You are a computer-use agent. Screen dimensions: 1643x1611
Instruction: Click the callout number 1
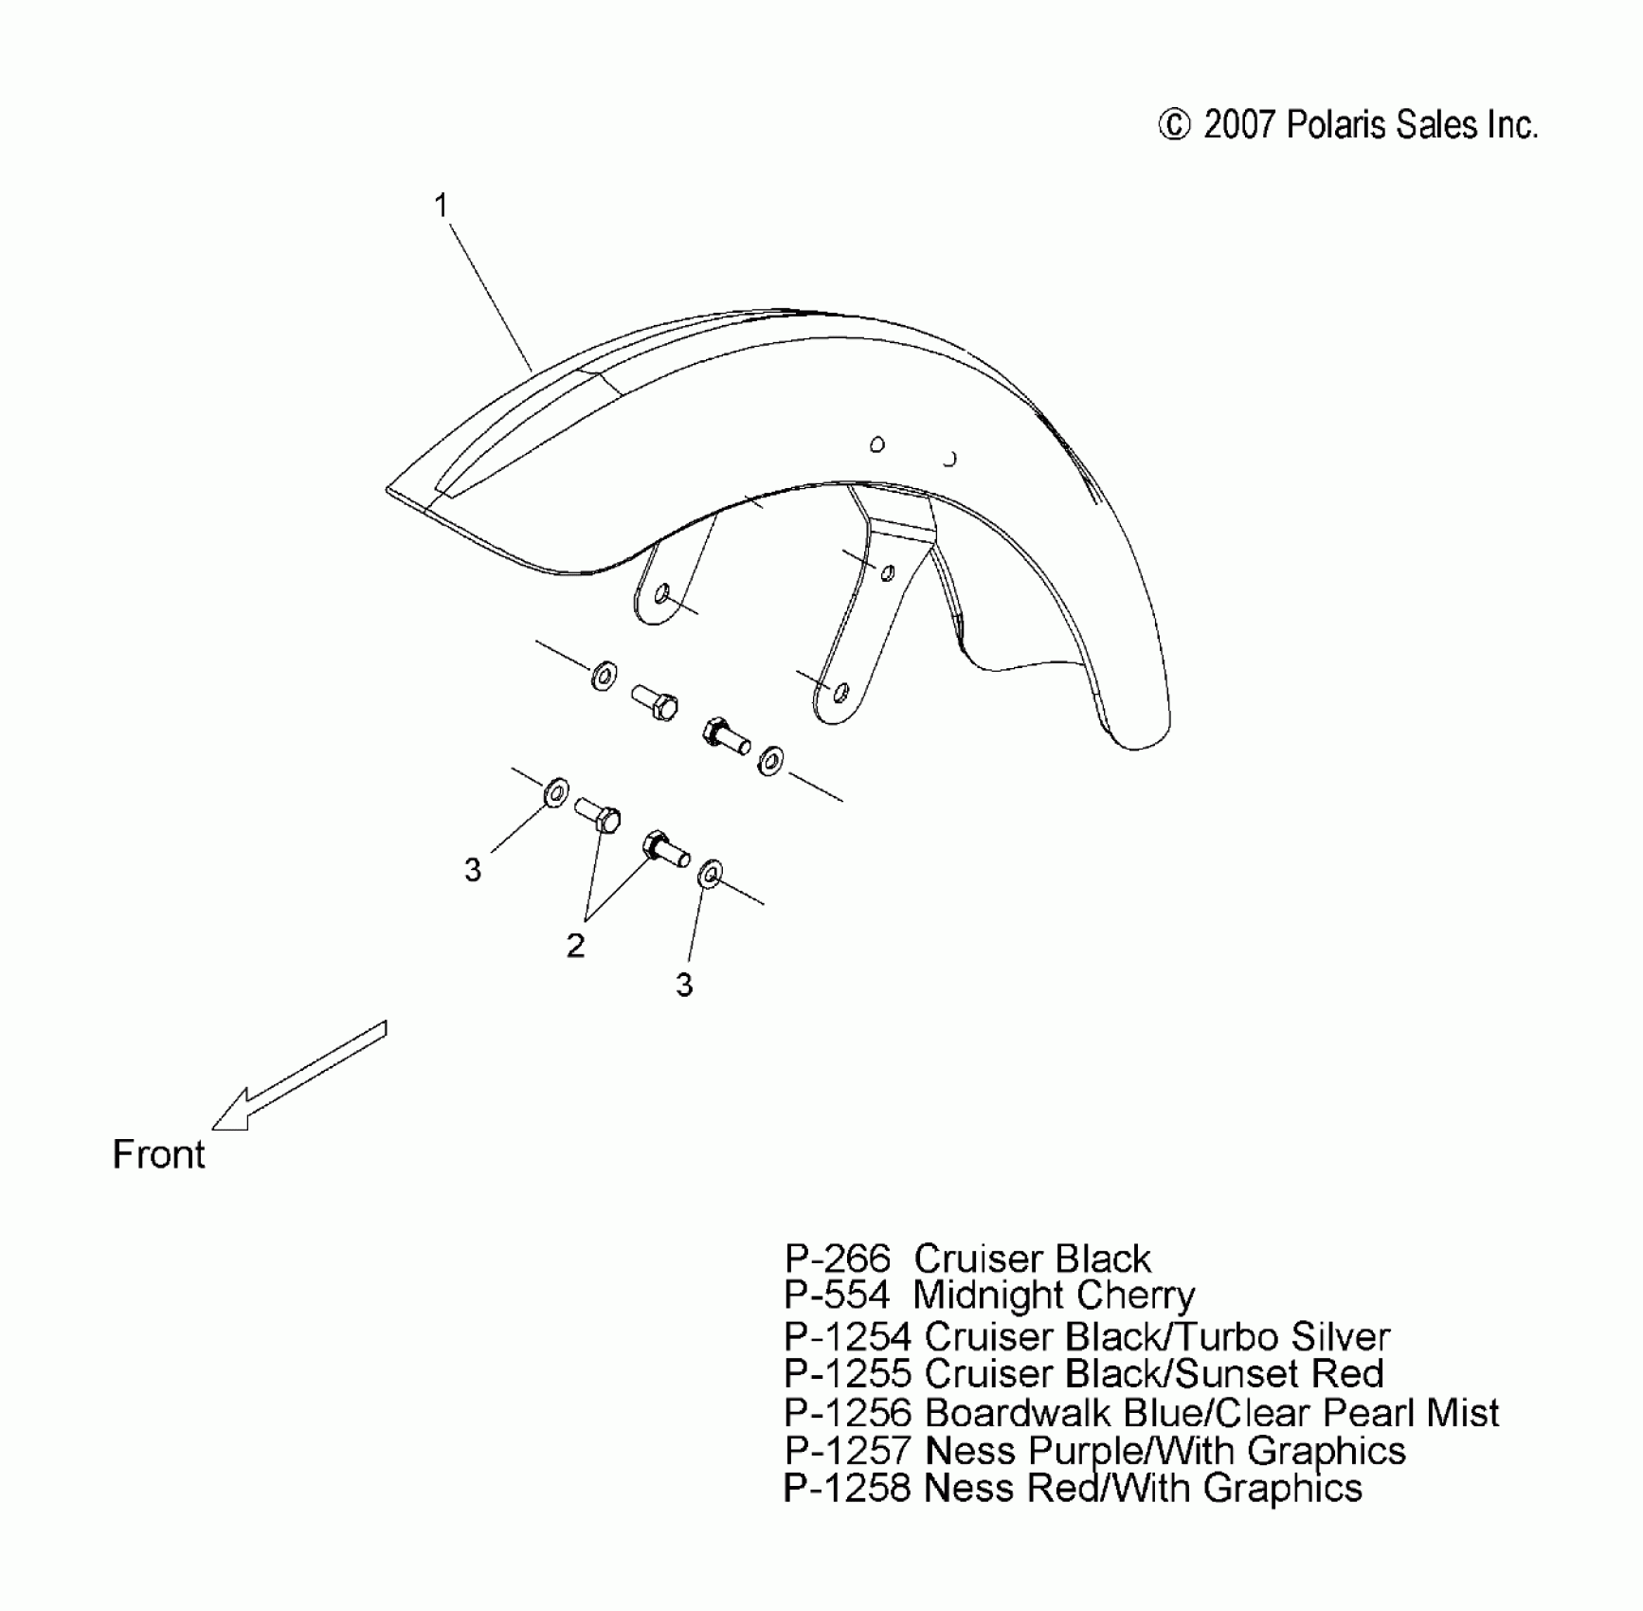click(441, 206)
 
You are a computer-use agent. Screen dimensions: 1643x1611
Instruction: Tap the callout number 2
click(575, 945)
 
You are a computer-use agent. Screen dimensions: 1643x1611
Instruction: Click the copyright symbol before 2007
click(1174, 126)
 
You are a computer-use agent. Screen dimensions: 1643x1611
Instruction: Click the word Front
click(158, 1154)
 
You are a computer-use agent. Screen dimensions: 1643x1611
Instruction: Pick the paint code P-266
click(838, 1259)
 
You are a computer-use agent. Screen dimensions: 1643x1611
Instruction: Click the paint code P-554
click(838, 1295)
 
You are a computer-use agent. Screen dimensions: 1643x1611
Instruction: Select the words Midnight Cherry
click(1054, 1295)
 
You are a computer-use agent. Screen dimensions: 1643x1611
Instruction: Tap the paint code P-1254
click(848, 1336)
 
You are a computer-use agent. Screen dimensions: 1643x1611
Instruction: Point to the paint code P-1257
click(848, 1451)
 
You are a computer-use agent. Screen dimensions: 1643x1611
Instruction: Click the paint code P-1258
click(848, 1488)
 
